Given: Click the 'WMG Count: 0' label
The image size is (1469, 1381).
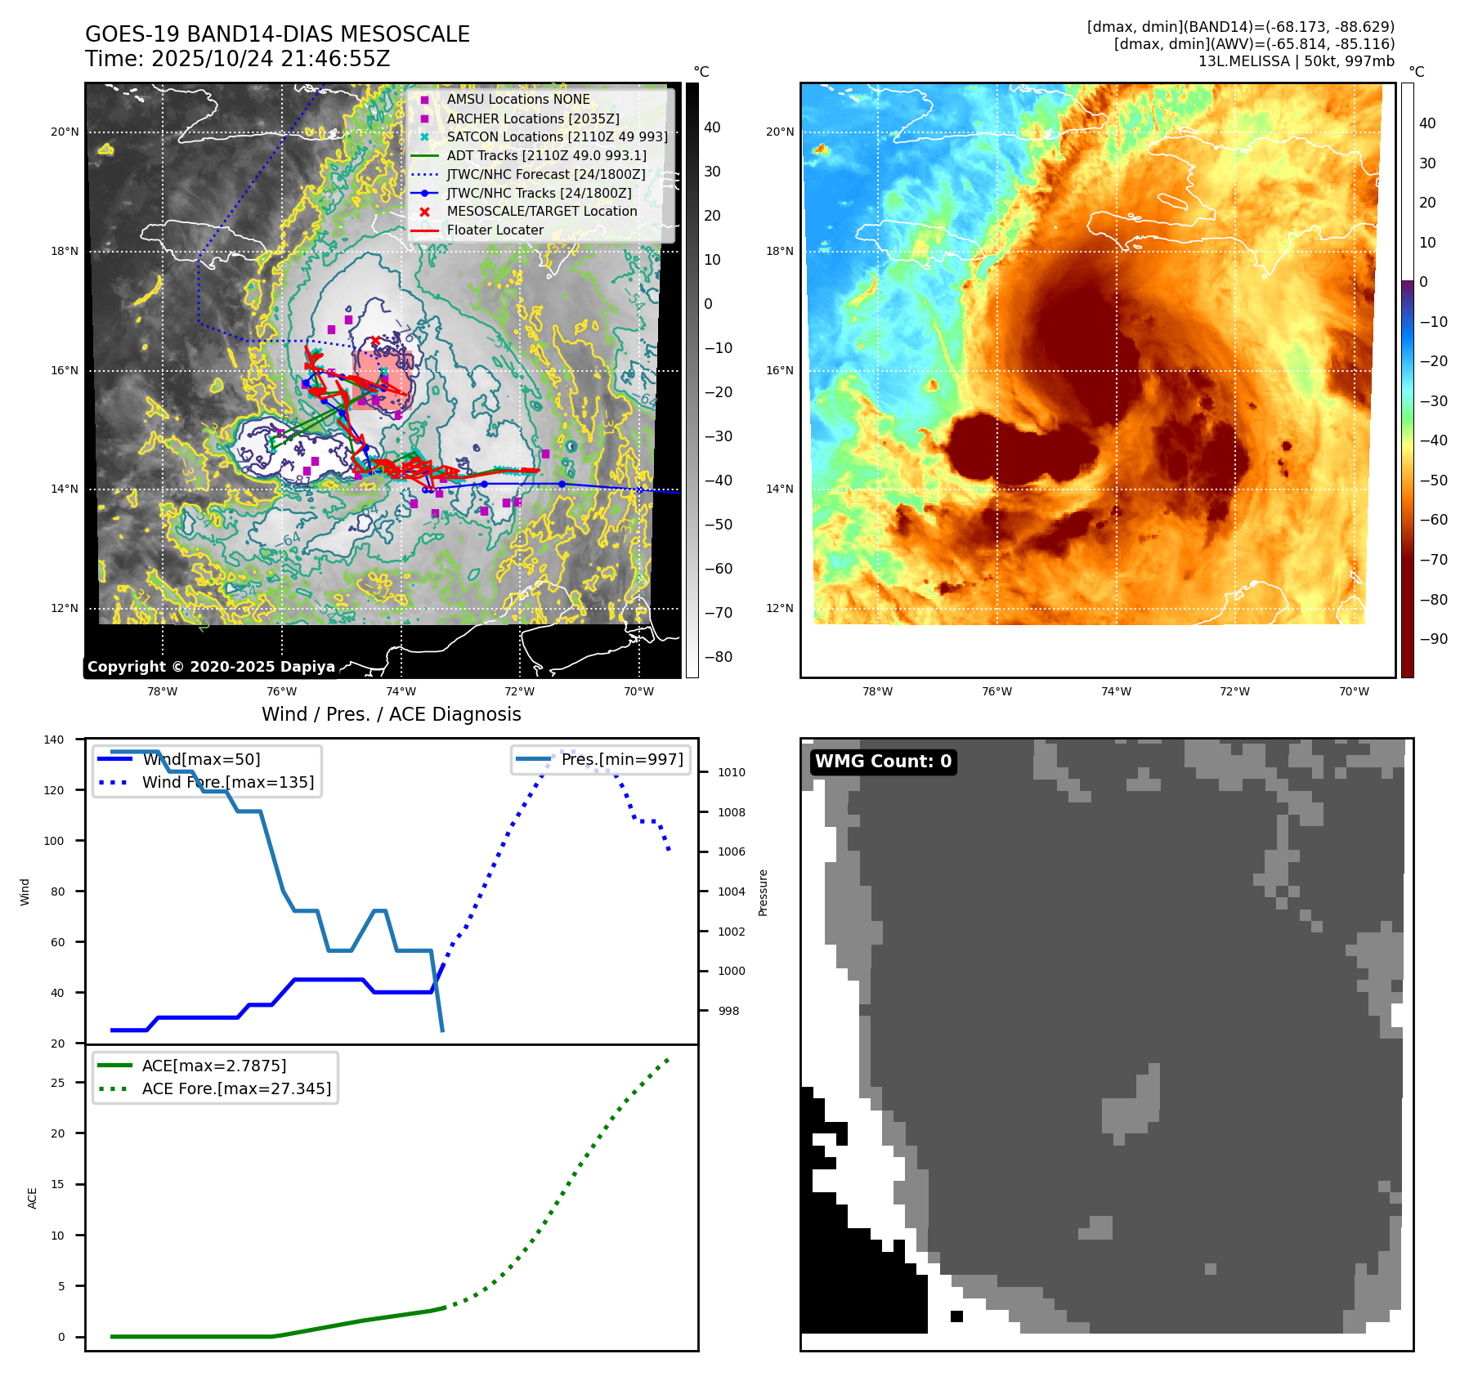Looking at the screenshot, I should [x=883, y=762].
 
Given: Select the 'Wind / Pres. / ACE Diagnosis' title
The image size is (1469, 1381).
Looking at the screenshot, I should [x=391, y=714].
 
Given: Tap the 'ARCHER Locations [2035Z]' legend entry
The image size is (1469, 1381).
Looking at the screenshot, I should [x=533, y=118].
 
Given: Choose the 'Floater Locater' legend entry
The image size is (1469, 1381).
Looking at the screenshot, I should [x=495, y=230].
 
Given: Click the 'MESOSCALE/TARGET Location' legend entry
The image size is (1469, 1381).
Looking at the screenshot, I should [x=542, y=212].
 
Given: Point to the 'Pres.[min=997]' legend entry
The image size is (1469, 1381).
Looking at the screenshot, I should [x=622, y=759].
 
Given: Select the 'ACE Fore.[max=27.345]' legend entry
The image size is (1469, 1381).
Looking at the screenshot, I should [x=236, y=1088].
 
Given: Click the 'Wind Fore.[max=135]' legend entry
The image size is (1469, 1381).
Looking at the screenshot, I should [x=228, y=782].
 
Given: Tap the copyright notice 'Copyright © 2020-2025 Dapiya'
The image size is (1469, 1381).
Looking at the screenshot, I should [x=211, y=667].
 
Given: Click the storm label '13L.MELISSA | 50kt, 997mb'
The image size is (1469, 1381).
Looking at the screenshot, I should [x=1296, y=61].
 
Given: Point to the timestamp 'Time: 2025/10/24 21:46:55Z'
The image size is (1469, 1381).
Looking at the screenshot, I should [x=237, y=59].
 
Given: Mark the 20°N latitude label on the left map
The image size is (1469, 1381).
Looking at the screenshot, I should [x=65, y=132].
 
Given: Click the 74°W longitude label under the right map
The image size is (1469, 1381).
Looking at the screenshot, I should [x=1116, y=691].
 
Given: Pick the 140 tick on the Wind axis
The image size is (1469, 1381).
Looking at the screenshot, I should [x=54, y=740].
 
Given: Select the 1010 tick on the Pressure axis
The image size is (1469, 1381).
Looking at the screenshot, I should [x=732, y=772].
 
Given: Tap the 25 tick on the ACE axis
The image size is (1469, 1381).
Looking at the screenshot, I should [x=58, y=1083].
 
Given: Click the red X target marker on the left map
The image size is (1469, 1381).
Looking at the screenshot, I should [x=375, y=341].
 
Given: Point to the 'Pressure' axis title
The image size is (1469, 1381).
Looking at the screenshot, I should [x=763, y=892].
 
